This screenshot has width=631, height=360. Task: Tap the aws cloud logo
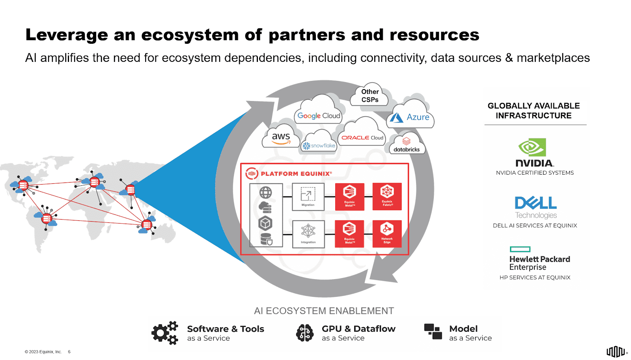281,138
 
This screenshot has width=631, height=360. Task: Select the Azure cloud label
411,117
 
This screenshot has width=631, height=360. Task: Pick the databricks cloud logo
407,146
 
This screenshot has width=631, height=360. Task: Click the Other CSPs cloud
370,95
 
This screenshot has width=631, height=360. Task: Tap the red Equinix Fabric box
387,196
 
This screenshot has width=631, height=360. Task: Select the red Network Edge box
387,233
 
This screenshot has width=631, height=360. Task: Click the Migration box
308,197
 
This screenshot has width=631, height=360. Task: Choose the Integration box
308,234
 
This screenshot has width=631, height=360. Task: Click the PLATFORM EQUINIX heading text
296,173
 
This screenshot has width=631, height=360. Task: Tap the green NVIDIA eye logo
532,147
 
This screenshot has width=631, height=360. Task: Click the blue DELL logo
536,203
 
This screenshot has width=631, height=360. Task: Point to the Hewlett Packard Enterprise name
539,263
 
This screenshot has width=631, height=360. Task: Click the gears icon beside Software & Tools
165,333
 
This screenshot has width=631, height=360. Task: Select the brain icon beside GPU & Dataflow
305,333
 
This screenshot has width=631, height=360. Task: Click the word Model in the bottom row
463,328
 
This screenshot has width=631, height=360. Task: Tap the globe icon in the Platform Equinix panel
265,192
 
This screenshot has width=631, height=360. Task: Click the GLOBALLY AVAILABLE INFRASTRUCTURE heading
533,110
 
